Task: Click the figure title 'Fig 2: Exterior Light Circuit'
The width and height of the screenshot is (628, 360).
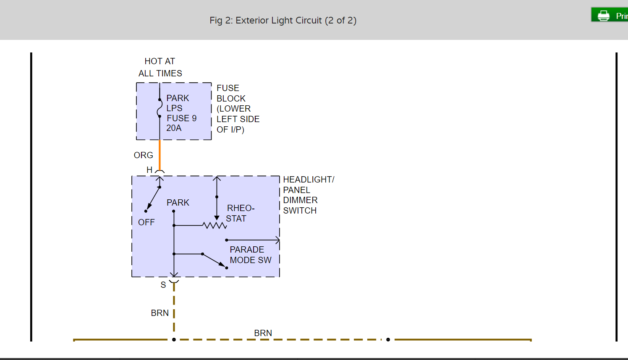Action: (283, 21)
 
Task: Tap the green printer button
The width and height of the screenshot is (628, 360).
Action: (609, 15)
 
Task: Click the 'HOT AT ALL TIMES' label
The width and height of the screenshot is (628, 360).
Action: (160, 67)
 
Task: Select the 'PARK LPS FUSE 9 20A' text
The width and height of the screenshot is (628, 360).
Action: (181, 113)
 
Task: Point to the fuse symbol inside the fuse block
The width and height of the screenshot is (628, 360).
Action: (159, 108)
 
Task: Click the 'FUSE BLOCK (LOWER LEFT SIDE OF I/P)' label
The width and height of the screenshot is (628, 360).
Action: (238, 109)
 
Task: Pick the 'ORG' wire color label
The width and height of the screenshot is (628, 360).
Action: (143, 155)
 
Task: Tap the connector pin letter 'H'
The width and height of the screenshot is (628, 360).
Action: (149, 170)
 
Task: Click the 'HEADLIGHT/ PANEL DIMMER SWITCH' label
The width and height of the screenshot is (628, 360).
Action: (308, 195)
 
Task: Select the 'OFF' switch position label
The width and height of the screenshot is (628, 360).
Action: (146, 222)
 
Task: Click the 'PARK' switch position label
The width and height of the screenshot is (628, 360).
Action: (178, 203)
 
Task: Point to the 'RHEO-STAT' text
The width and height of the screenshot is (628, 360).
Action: (240, 213)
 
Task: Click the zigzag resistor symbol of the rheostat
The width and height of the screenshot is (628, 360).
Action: (215, 226)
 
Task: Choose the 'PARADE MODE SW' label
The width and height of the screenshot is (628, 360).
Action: (250, 255)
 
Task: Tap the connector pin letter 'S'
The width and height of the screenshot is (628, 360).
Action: (163, 285)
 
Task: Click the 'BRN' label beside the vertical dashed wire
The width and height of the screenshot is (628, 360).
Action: (160, 313)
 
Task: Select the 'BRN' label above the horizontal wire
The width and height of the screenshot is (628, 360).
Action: (263, 333)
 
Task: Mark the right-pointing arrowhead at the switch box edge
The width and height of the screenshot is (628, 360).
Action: (277, 240)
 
